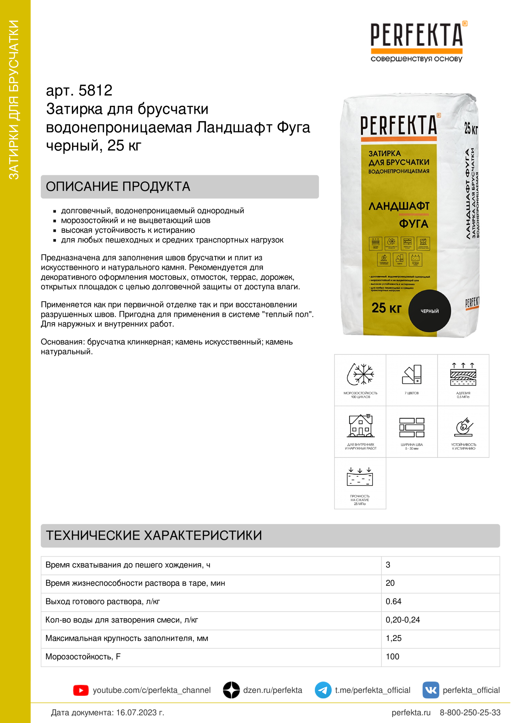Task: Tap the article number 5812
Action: coord(95,91)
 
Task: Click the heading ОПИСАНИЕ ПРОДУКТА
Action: coord(118,186)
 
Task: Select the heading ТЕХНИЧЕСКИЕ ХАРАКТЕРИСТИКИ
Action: coord(154,535)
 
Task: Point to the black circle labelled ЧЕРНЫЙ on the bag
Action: coord(429,311)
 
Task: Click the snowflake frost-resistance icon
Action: coord(360,374)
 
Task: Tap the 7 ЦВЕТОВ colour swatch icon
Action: coord(411,375)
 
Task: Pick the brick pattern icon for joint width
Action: coord(411,427)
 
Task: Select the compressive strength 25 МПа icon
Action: coord(360,477)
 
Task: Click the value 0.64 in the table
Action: coord(394,602)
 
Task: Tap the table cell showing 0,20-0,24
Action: coord(403,620)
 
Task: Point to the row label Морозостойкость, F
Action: coord(83,657)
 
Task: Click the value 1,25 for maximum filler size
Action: coord(394,638)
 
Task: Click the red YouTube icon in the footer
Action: coord(81,690)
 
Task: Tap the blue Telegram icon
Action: coord(323,690)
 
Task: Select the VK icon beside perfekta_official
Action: coord(430,690)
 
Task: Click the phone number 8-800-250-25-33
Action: coord(470,712)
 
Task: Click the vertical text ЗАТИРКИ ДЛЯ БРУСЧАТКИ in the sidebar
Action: coord(14,100)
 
